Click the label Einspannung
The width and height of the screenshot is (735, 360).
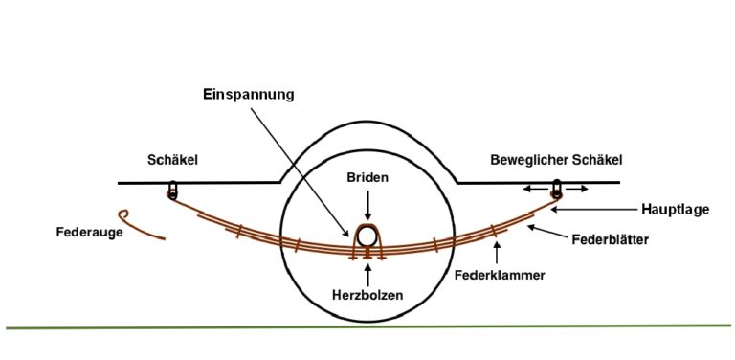click(x=248, y=95)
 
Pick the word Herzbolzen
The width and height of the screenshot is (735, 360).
click(x=367, y=294)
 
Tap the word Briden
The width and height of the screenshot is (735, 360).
click(x=367, y=178)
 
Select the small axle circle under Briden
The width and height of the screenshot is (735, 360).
click(x=367, y=236)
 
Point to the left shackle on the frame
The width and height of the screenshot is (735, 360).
click(x=172, y=189)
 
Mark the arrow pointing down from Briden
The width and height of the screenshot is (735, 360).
click(x=367, y=203)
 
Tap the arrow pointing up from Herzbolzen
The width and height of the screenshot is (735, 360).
click(x=367, y=271)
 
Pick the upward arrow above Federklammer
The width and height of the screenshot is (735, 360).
click(x=497, y=253)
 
